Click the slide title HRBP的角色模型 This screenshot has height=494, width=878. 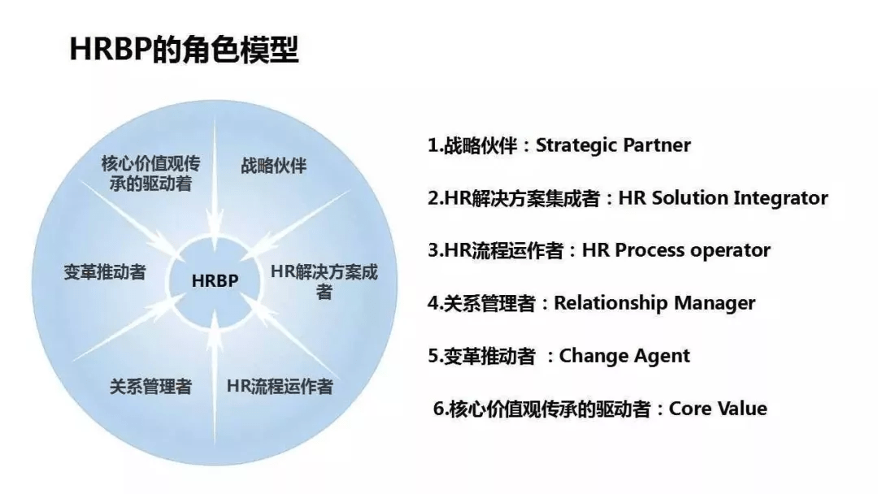(184, 50)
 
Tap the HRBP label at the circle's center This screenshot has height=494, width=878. (215, 280)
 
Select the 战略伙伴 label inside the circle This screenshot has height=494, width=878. (274, 166)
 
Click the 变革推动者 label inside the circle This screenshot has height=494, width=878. (105, 272)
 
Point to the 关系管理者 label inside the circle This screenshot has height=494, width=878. (150, 386)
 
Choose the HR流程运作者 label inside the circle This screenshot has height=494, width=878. (280, 386)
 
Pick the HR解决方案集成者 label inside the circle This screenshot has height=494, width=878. (324, 281)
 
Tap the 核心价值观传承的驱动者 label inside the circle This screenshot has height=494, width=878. (150, 173)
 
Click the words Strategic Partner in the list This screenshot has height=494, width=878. (613, 145)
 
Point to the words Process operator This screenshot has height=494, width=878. (693, 250)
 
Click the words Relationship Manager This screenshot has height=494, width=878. (654, 303)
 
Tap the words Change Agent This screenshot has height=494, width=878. (624, 356)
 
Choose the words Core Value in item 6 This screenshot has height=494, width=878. (718, 409)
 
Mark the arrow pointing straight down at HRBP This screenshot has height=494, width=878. (215, 178)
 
